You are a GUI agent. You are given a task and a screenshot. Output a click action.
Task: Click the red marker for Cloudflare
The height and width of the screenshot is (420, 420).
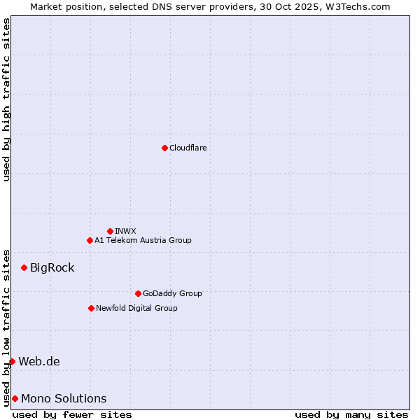(164, 148)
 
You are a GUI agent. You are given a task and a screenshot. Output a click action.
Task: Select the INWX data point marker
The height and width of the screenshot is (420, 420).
(110, 231)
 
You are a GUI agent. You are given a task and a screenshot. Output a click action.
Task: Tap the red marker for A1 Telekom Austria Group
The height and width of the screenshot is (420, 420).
(90, 240)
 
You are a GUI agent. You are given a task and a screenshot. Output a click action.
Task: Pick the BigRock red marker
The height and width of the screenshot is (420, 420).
(24, 267)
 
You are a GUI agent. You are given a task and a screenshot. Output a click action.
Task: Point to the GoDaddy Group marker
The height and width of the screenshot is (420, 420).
(138, 293)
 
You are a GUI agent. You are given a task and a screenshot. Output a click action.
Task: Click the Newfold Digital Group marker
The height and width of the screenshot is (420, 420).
(91, 308)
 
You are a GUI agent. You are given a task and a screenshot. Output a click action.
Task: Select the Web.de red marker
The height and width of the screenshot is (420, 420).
(12, 361)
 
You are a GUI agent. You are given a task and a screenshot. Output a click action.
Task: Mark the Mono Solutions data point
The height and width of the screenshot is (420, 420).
(15, 398)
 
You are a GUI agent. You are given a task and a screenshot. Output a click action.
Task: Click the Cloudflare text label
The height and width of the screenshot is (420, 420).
(188, 148)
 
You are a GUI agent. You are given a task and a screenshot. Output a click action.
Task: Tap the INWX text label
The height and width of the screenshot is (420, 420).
(125, 231)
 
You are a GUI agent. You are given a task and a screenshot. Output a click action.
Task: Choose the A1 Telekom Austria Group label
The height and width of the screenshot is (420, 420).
(143, 240)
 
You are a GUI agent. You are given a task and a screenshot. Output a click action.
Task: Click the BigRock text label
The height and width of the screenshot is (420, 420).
(52, 267)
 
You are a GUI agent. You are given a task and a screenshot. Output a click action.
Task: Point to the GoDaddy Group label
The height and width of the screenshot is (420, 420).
(172, 293)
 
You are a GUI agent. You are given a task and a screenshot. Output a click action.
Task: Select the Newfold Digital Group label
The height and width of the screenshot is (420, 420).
(136, 308)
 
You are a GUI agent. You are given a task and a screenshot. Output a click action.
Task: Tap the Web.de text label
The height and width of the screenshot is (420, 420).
(39, 361)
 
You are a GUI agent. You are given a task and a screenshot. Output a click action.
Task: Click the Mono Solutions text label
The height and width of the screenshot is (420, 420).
(64, 398)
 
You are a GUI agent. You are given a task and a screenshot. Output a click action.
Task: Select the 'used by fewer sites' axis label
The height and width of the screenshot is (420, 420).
(72, 414)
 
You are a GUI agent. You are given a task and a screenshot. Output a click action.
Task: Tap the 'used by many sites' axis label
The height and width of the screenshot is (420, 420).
(351, 414)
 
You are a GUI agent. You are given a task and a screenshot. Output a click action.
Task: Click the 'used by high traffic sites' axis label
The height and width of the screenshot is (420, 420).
(6, 99)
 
